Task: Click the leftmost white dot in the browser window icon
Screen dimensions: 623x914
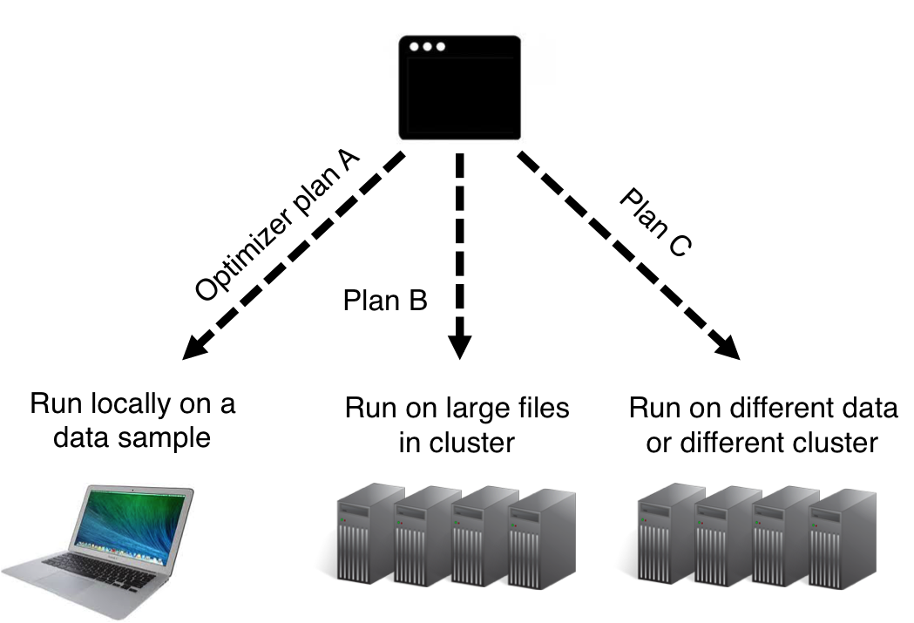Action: tap(413, 46)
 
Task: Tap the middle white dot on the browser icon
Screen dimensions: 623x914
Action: tap(427, 46)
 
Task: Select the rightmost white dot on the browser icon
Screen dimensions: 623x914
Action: tap(441, 46)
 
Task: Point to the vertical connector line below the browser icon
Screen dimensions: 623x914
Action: tap(459, 165)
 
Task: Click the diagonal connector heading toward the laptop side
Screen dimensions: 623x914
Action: tap(393, 161)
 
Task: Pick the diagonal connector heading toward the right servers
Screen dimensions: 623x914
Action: tap(530, 161)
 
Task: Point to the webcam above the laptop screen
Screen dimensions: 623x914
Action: tap(142, 490)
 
